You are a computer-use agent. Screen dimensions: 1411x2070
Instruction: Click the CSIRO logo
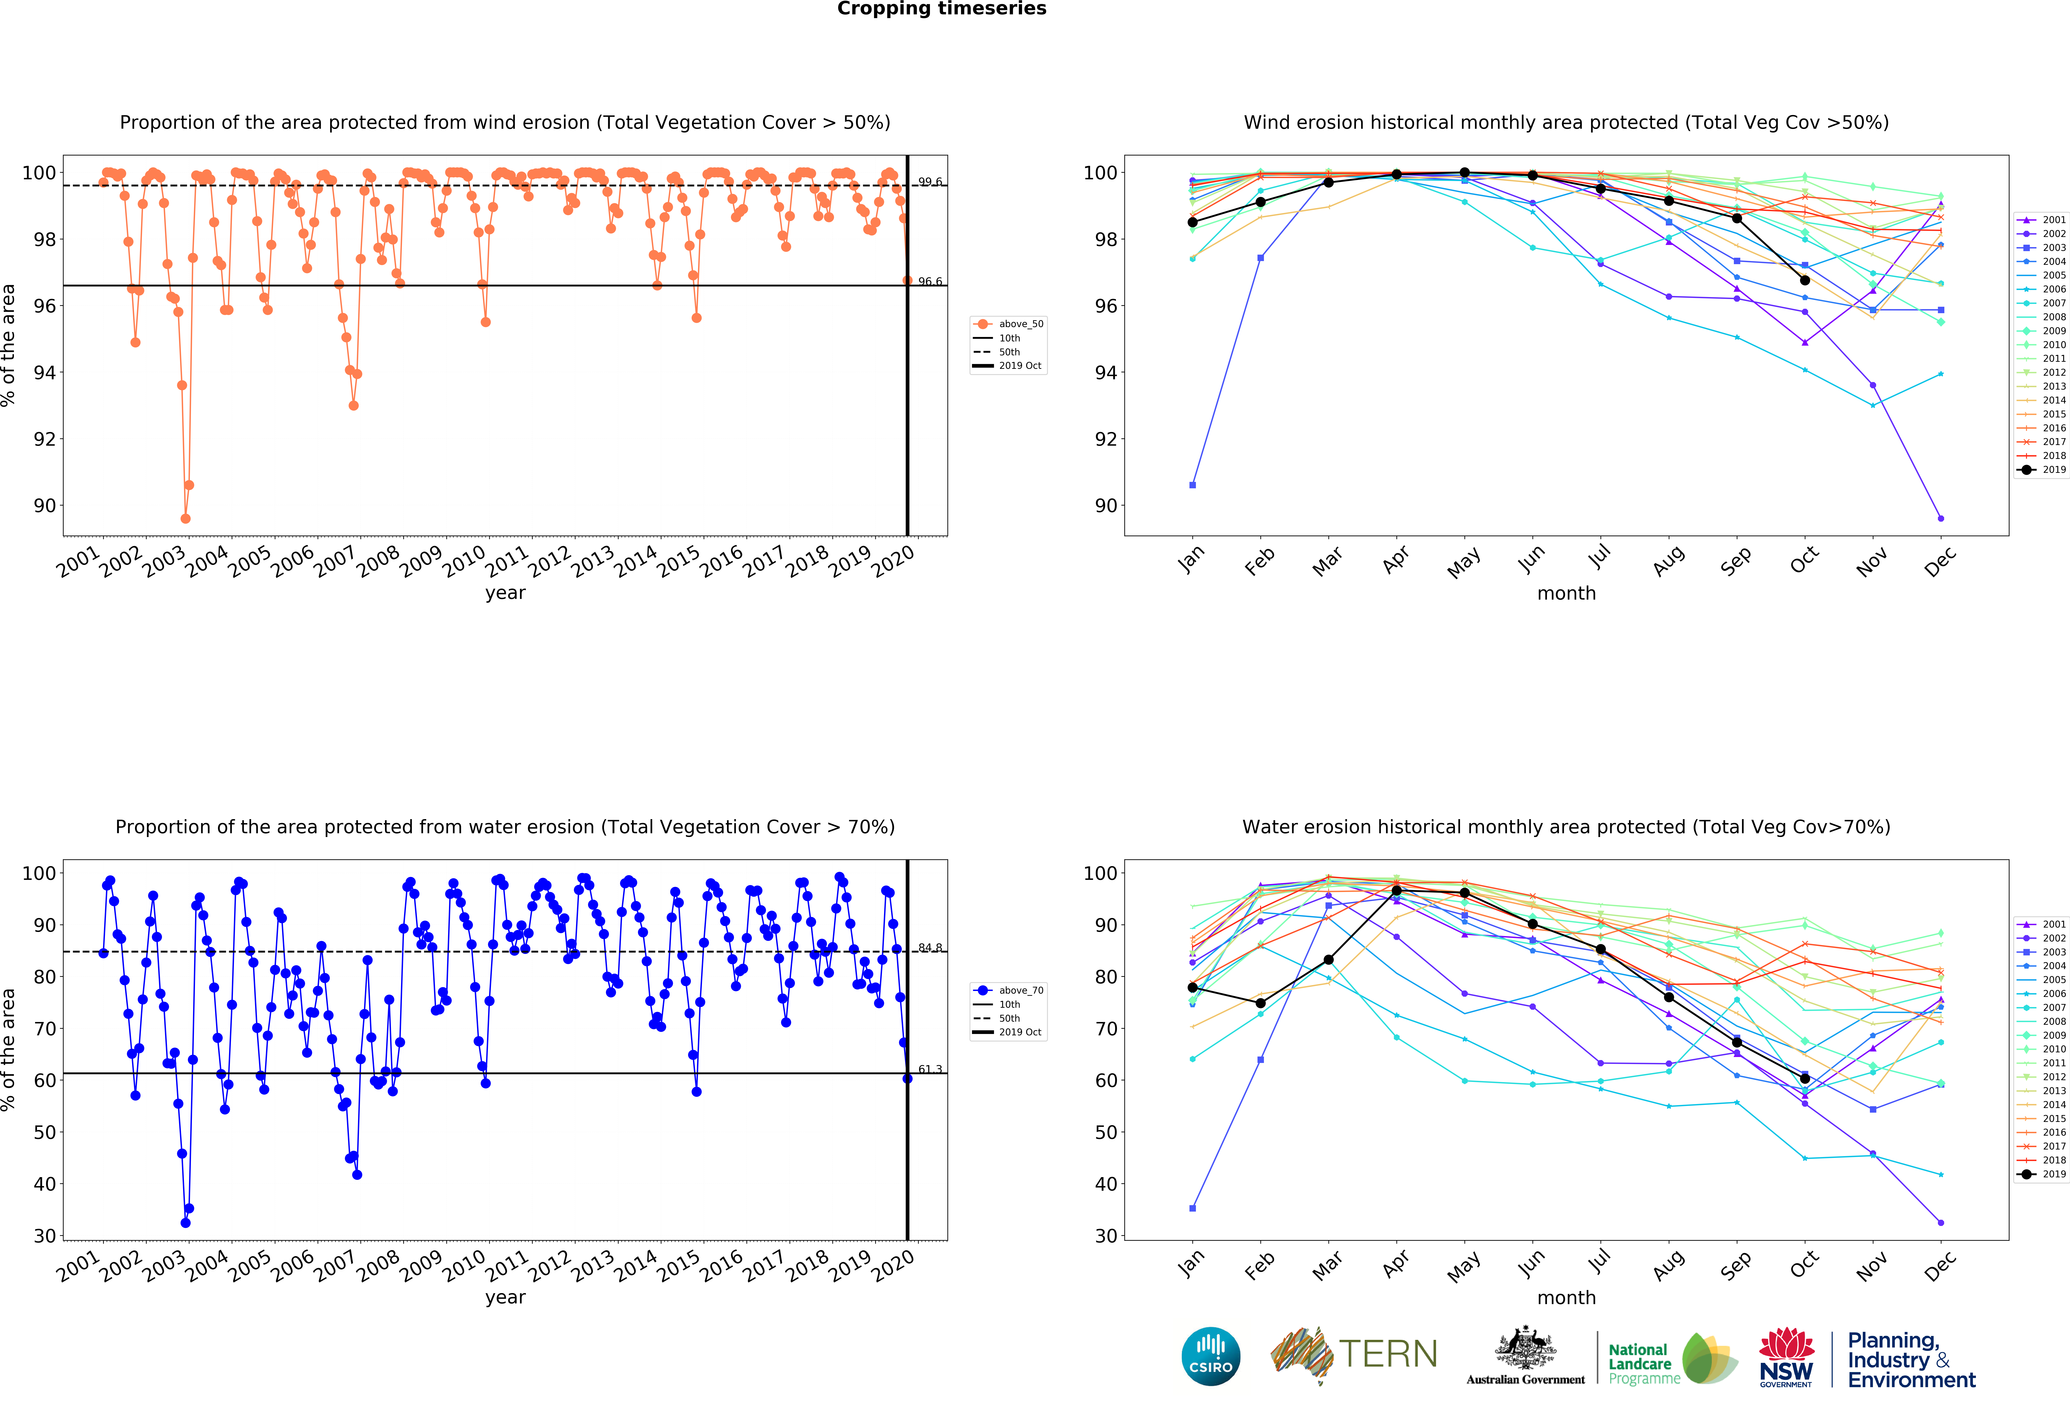pyautogui.click(x=1210, y=1356)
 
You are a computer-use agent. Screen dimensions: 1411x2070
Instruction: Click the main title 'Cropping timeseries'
pyautogui.click(x=941, y=9)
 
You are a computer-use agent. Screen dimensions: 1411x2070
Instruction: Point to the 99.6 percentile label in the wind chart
pyautogui.click(x=930, y=182)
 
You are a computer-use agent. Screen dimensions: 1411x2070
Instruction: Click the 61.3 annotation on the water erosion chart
pyautogui.click(x=930, y=1069)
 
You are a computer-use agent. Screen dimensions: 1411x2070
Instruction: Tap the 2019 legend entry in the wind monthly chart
pyautogui.click(x=2044, y=470)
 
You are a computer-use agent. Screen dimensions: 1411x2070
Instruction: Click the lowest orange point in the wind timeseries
pyautogui.click(x=185, y=518)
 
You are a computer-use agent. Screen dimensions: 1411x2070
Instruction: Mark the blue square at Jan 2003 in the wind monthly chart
pyautogui.click(x=1193, y=485)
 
